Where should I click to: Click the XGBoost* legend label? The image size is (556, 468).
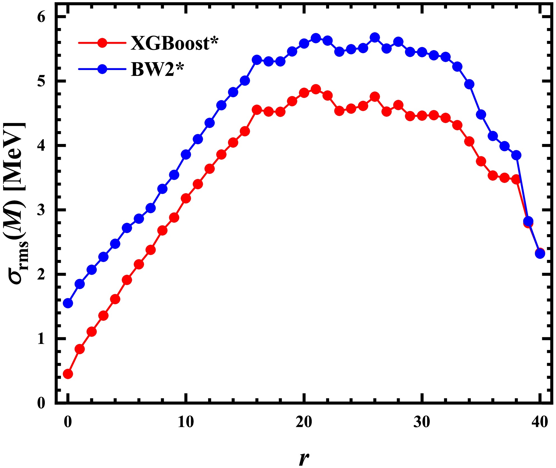174,43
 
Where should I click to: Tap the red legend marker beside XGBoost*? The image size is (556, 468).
102,43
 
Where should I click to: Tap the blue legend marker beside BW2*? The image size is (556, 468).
102,69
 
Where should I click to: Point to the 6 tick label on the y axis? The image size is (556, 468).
41,17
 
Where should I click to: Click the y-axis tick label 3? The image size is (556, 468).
41,210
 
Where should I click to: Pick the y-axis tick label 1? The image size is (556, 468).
41,339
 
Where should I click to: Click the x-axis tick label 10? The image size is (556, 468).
186,422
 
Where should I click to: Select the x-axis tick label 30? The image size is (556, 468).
422,422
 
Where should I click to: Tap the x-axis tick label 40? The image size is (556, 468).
539,422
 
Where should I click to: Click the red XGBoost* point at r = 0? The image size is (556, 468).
68,374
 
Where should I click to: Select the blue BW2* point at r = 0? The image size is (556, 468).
68,303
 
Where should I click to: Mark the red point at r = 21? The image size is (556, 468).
316,89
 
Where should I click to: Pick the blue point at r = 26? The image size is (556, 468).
375,37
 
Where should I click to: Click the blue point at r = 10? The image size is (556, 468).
186,154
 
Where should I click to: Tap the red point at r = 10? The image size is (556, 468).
186,198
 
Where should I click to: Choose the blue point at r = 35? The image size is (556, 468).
481,115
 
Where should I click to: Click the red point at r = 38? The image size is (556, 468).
516,179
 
